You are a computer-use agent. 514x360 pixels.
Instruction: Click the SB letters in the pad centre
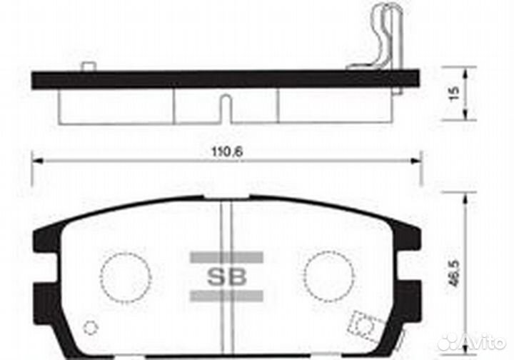point(226,277)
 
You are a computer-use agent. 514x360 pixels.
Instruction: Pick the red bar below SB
point(226,296)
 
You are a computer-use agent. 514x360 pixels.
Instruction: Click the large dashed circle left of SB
point(126,276)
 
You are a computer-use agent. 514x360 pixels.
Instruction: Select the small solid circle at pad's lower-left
point(90,328)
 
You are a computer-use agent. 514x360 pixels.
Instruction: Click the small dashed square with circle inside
point(365,326)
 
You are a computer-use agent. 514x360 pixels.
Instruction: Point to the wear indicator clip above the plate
point(385,36)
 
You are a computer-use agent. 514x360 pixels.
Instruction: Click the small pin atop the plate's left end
point(89,67)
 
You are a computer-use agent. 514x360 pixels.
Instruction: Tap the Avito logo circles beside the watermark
point(448,342)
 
